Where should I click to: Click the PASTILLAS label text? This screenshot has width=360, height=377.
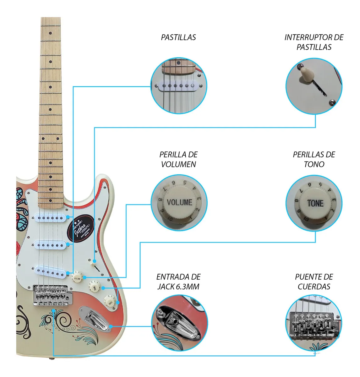(178, 37)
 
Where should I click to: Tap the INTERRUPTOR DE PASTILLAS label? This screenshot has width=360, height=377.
(314, 42)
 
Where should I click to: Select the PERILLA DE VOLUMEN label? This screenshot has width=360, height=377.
(178, 159)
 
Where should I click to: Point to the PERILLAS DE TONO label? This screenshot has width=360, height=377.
(314, 159)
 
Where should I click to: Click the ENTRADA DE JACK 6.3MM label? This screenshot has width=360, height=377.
(178, 281)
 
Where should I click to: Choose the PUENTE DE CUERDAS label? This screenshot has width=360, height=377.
(314, 281)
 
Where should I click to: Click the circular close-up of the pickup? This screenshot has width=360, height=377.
(179, 85)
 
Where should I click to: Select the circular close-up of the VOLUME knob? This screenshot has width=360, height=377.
(179, 203)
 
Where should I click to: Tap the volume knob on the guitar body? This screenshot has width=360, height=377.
(77, 278)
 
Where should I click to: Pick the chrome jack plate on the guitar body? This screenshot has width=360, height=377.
(97, 318)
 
